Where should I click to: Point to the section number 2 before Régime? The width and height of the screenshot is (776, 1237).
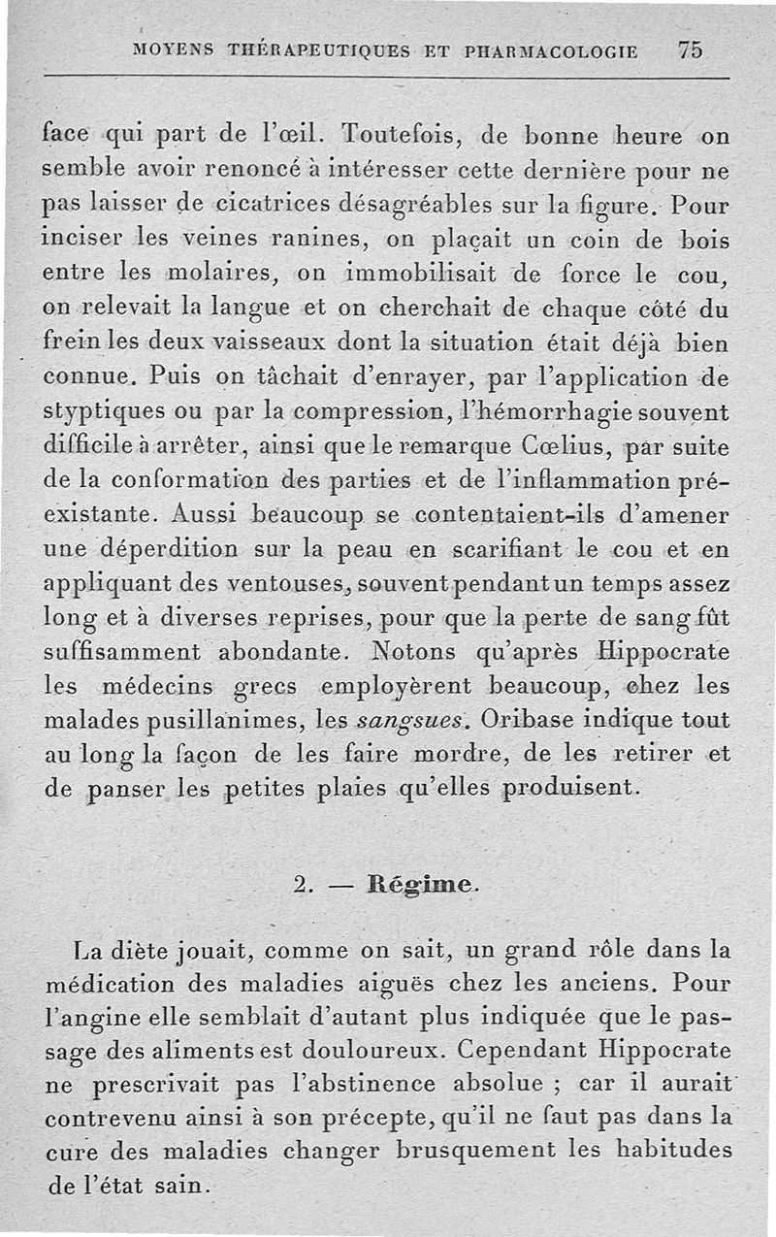click(300, 885)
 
